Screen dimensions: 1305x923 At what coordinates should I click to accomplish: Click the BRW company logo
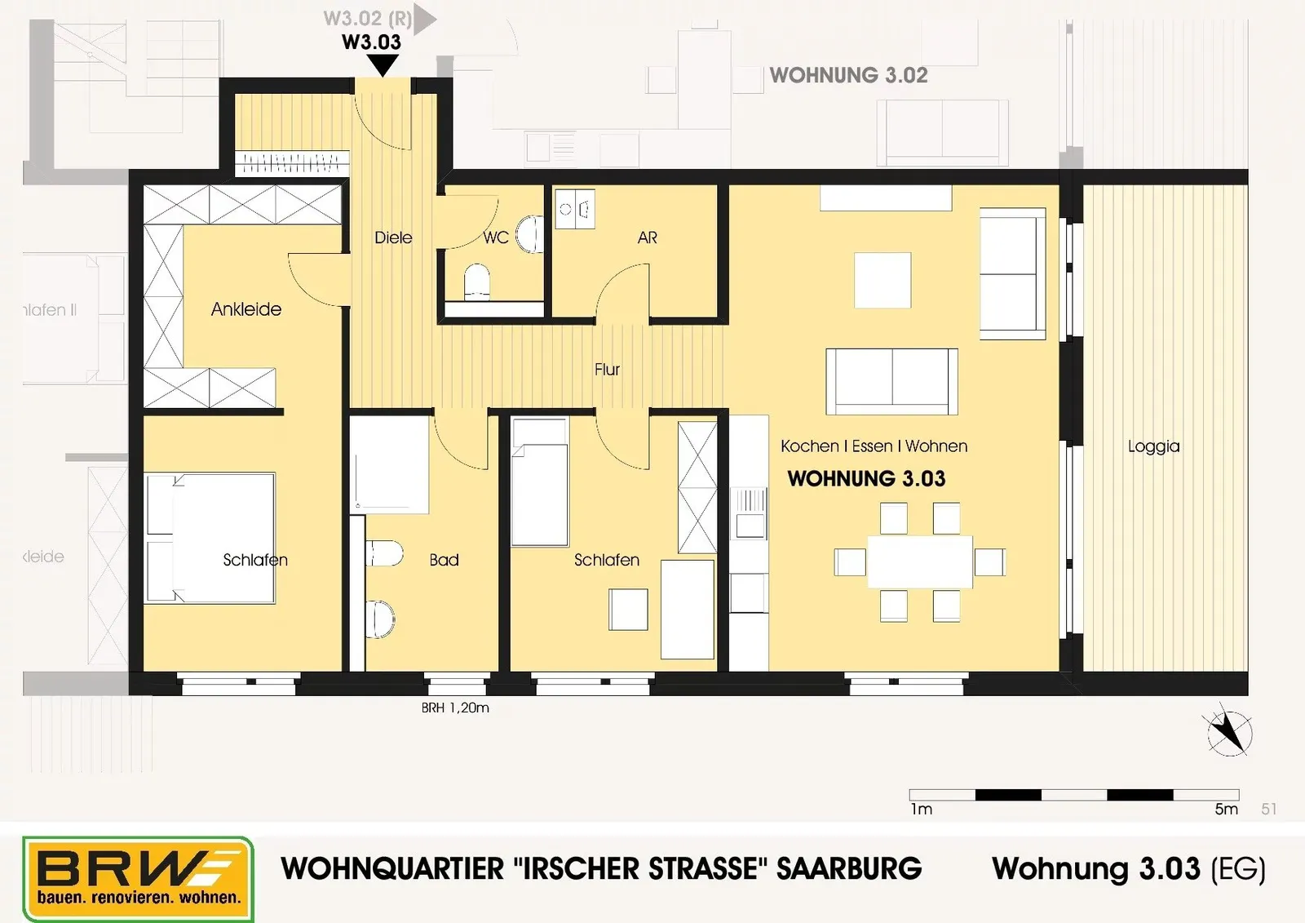[138, 879]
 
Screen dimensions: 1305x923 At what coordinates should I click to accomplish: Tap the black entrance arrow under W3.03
[383, 64]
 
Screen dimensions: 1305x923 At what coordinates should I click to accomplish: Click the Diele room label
[393, 238]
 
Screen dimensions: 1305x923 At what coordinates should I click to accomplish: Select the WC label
[496, 238]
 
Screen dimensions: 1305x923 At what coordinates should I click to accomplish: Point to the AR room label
[648, 238]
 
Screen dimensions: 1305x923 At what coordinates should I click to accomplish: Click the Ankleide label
[246, 309]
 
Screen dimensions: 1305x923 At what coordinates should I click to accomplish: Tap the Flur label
[607, 369]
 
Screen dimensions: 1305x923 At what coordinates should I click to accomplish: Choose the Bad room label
[444, 560]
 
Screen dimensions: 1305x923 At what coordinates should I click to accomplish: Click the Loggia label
[1153, 446]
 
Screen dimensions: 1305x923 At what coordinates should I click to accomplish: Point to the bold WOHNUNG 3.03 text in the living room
[866, 479]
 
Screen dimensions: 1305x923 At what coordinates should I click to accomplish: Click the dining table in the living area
[920, 562]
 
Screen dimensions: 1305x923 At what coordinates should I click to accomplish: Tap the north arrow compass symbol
[1229, 734]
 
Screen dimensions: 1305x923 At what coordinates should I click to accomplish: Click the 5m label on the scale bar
[1226, 810]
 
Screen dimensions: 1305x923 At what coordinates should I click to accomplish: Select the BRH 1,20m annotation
[455, 708]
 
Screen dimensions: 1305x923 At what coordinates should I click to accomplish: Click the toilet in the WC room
[476, 282]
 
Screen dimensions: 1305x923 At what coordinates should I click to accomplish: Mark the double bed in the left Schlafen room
[210, 538]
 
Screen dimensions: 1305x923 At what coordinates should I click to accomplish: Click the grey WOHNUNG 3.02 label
[848, 75]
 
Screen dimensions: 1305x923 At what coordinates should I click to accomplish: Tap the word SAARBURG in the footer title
[849, 869]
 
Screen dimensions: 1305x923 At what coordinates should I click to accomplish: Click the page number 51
[1269, 810]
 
